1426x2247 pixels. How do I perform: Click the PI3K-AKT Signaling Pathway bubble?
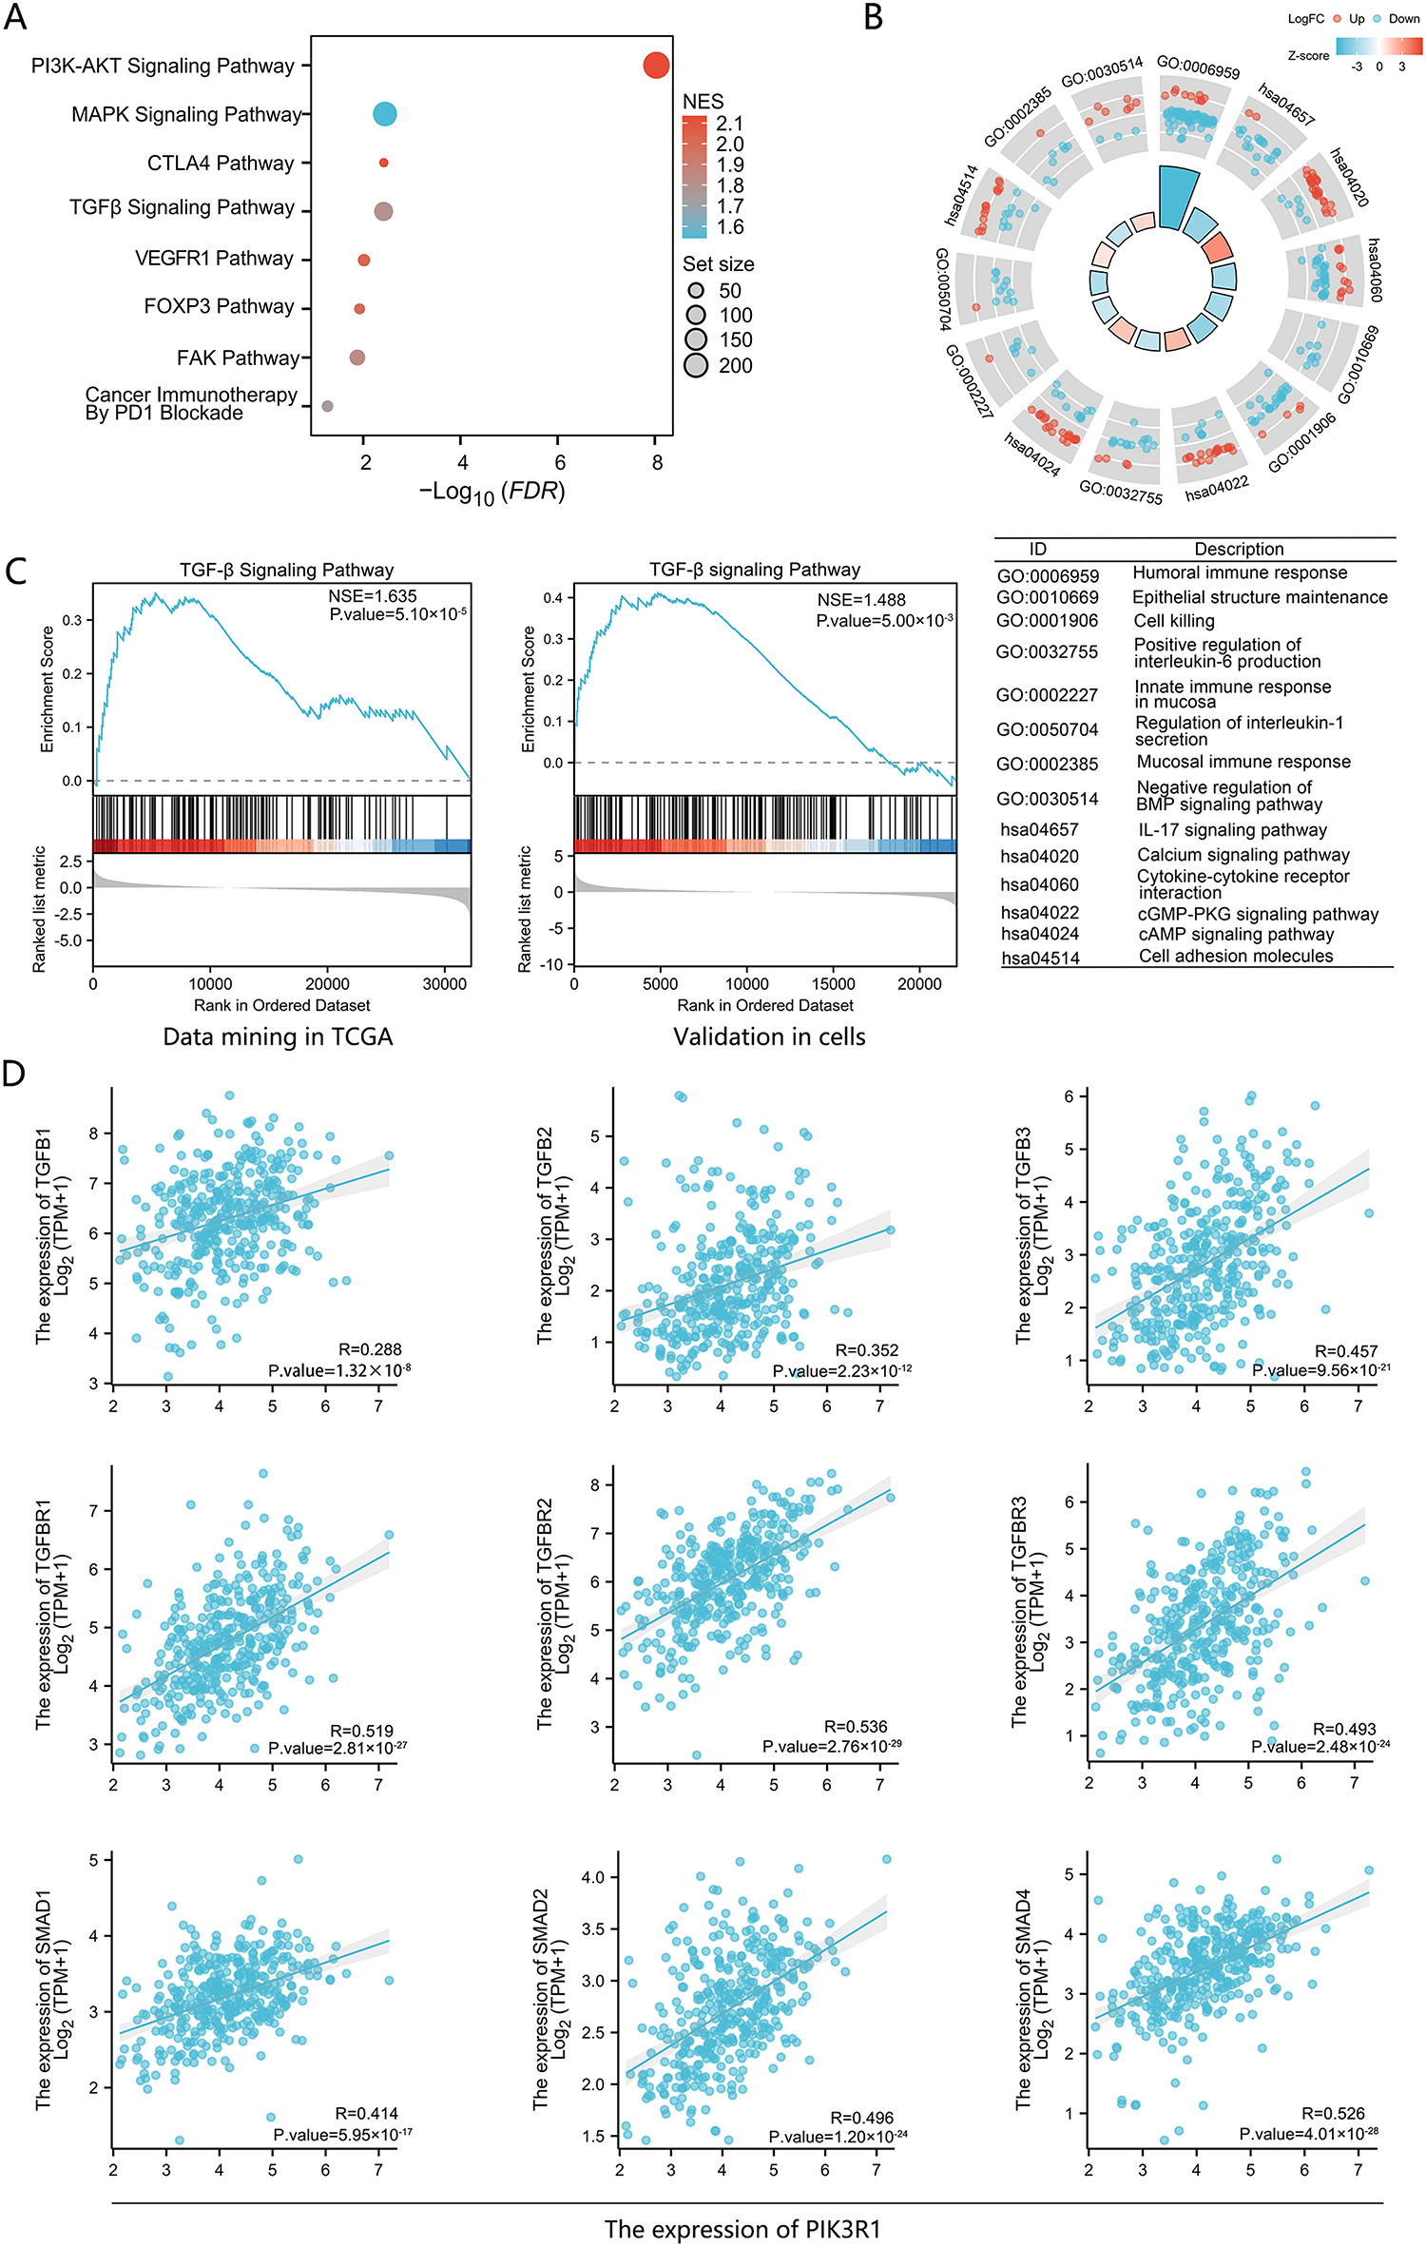656,66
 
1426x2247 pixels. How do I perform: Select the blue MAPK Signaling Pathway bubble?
384,114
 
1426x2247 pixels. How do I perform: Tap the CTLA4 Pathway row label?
220,164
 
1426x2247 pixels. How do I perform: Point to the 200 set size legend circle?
696,365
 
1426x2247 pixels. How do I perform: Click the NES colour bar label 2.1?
729,124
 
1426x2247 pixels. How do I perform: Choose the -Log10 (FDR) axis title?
492,492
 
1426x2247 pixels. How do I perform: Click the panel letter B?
874,18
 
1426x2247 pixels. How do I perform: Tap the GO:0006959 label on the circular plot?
1198,68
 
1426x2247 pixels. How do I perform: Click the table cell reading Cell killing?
1174,621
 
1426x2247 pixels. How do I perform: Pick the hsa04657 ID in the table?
1039,830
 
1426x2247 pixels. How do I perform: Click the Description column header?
1239,550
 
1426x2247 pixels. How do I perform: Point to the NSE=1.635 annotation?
373,596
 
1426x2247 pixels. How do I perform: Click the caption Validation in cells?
769,1036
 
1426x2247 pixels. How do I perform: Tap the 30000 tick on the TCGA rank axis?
444,984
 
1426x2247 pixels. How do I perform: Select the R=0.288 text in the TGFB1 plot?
370,1349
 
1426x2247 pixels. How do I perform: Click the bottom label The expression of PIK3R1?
742,2229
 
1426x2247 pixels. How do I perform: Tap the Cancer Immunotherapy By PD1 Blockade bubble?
327,406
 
